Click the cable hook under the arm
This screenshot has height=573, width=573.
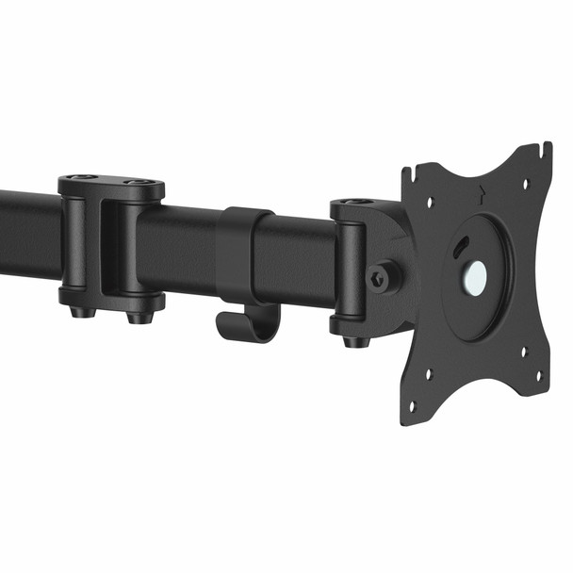(x=247, y=323)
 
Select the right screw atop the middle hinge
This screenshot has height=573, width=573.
(x=139, y=182)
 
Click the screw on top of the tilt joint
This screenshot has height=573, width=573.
(x=354, y=202)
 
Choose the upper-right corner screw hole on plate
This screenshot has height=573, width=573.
(x=527, y=183)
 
